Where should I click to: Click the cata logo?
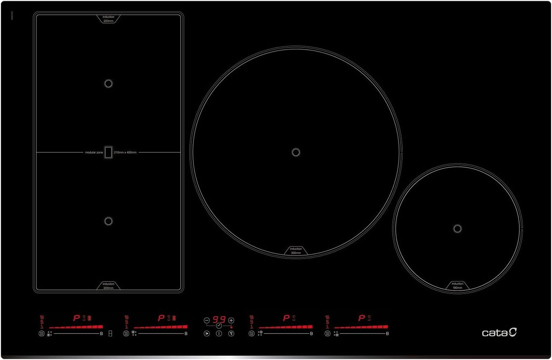pos(499,332)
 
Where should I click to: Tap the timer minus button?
pos(207,320)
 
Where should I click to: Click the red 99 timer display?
pos(219,320)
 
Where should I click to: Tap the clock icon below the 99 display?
pos(219,326)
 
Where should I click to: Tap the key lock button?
pos(231,334)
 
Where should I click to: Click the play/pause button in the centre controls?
pos(207,334)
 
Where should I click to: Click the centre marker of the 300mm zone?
pos(295,152)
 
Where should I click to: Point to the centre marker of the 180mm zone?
pos(457,228)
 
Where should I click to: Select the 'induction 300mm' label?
pos(296,251)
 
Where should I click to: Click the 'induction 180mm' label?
pos(457,285)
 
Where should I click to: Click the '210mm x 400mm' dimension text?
pos(125,152)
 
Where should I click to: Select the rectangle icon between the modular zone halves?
pos(109,152)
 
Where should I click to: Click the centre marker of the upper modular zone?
pos(109,83)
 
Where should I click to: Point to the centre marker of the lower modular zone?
pos(109,221)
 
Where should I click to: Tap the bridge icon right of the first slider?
pos(110,334)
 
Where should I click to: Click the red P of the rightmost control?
pos(362,318)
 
